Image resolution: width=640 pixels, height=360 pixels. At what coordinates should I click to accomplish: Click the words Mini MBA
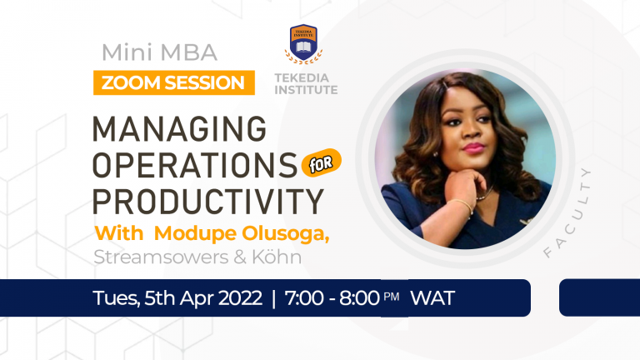click(x=158, y=52)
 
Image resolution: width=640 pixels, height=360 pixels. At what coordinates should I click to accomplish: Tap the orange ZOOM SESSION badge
click(x=173, y=82)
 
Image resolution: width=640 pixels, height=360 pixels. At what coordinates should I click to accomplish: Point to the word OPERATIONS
click(x=194, y=165)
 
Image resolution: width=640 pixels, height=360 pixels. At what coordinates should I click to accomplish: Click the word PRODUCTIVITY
click(x=207, y=201)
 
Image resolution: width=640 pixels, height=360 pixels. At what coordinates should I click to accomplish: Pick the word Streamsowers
click(x=156, y=257)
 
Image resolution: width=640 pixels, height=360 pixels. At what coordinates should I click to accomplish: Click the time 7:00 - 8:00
click(x=332, y=298)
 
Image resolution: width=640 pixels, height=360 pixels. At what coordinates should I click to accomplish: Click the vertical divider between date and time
click(x=272, y=298)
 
